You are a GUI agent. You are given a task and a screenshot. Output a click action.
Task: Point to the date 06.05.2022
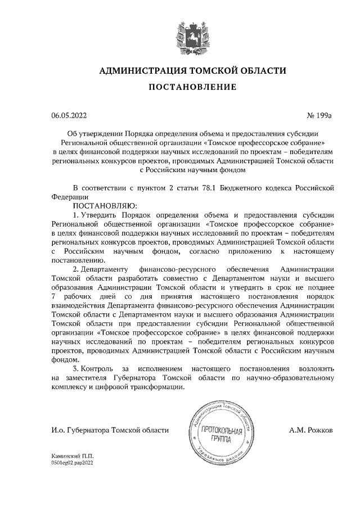pyautogui.click(x=69, y=116)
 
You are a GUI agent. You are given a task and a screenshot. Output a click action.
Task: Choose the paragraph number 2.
pyautogui.click(x=77, y=269)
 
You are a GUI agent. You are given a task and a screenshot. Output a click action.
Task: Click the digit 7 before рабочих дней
pyautogui.click(x=53, y=296)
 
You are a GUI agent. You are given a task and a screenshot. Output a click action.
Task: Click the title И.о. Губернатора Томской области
pyautogui.click(x=110, y=430)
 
